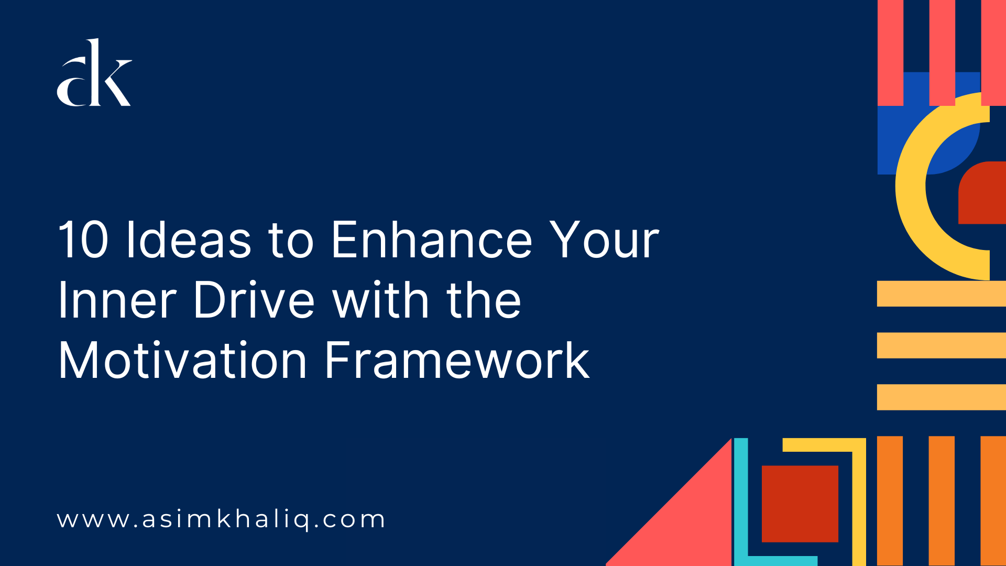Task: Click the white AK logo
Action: (94, 73)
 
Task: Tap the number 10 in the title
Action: (83, 240)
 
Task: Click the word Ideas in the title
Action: (189, 240)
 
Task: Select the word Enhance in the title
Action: (431, 240)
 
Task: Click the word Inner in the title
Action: (117, 300)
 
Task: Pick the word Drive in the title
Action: (254, 300)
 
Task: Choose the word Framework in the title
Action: (457, 361)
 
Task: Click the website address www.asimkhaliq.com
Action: (221, 519)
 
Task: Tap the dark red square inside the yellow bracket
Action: (800, 504)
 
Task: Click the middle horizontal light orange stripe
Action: (941, 345)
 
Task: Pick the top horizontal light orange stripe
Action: (941, 293)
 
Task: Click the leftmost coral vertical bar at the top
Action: (890, 52)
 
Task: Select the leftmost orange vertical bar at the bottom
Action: (890, 500)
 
